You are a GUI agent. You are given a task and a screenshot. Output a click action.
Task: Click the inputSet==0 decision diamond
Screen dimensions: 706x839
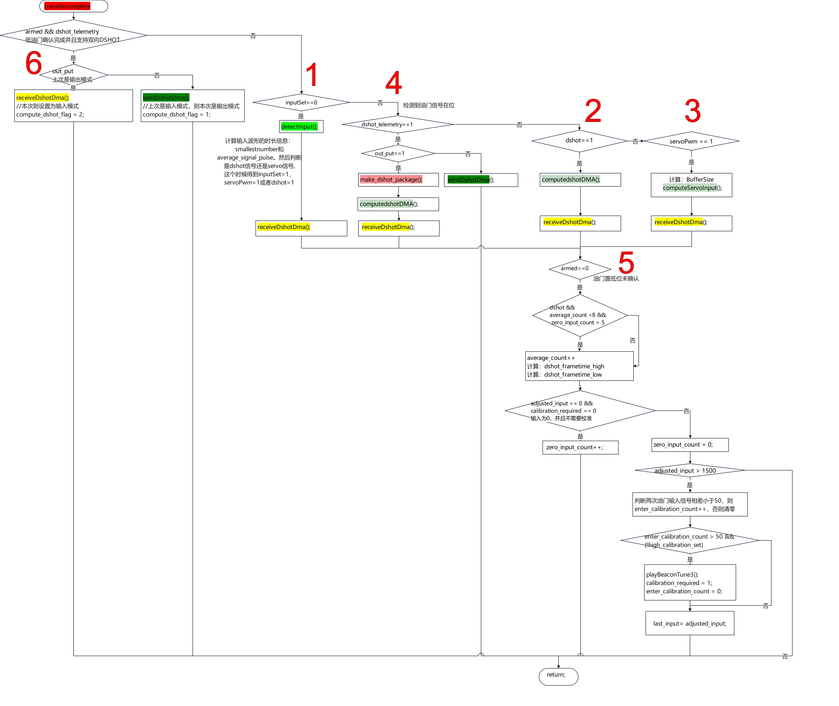301,102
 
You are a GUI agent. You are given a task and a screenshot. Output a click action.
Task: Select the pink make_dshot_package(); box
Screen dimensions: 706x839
398,180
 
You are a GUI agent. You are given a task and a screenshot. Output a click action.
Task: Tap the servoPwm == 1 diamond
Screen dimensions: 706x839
691,141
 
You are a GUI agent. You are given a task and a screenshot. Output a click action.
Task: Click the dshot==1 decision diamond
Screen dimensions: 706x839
579,141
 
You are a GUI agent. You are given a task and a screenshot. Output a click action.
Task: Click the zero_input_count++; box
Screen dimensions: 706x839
580,447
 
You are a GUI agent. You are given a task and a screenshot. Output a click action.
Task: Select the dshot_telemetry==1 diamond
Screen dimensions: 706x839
397,125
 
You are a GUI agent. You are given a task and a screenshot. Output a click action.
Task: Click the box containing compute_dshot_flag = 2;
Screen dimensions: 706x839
74,106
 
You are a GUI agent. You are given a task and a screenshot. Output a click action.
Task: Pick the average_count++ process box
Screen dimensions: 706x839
579,366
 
